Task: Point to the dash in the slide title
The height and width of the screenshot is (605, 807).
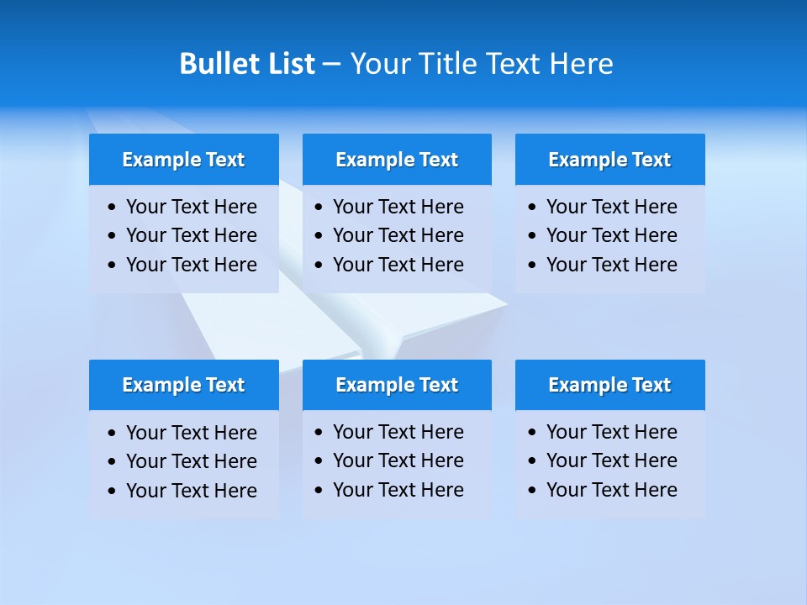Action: coord(331,65)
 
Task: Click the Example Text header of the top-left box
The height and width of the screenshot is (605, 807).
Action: coord(183,160)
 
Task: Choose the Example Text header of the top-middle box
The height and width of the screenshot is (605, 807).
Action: coord(397,160)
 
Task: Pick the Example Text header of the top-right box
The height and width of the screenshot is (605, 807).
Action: coord(609,160)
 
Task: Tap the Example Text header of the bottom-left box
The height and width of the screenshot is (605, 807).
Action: coord(183,385)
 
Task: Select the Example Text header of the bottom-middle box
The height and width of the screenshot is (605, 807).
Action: coord(397,385)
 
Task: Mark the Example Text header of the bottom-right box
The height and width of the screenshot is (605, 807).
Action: coord(609,385)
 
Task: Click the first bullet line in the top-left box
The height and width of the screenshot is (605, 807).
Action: coord(191,207)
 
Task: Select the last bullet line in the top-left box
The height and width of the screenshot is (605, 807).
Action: coord(191,265)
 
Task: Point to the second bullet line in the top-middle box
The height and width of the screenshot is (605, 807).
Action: coord(398,235)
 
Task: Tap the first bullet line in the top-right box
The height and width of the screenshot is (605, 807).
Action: coord(611,207)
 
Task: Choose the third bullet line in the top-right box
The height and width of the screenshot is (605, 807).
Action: coord(611,265)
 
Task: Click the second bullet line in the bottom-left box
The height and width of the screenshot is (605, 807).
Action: coord(191,461)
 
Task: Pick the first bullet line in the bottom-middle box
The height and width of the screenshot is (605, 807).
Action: coord(398,432)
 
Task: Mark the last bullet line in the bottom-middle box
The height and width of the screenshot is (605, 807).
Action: coord(398,490)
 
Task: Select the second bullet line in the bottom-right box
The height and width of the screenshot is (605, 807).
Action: coord(611,460)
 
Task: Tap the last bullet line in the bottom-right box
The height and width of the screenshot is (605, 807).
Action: coord(611,490)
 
